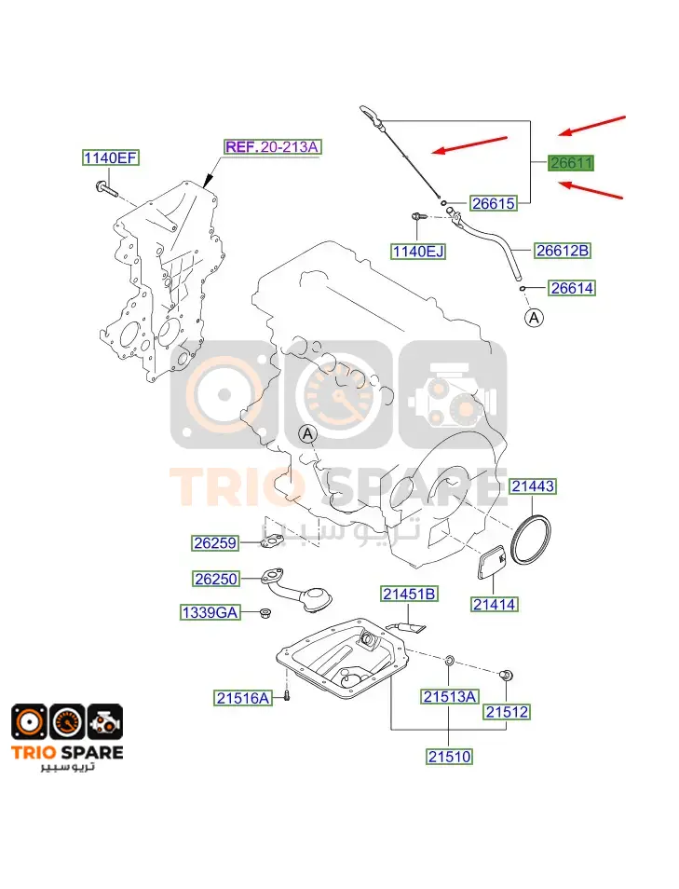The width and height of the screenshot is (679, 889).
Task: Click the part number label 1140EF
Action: pos(111,157)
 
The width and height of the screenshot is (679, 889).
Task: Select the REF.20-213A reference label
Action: pos(272,147)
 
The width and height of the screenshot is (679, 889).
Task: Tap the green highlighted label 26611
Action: pos(571,163)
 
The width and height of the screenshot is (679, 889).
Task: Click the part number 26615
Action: pos(494,203)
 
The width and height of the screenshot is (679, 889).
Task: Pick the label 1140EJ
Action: pos(418,252)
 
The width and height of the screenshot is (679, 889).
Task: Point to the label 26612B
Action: pos(563,250)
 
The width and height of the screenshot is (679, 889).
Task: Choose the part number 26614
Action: pos(572,288)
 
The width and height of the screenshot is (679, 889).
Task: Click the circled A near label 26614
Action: pos(534,318)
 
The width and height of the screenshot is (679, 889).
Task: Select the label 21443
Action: pos(533,486)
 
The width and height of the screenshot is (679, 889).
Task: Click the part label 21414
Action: pos(495,605)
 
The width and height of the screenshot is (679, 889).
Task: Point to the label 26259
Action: pos(215,543)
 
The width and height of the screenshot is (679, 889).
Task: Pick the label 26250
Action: pos(215,579)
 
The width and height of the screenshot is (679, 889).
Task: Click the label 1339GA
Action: pos(210,612)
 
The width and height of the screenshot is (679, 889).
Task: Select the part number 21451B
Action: pos(409,594)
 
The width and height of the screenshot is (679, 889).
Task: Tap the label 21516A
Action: pos(243,698)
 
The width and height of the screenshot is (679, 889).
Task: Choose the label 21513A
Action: pos(450,696)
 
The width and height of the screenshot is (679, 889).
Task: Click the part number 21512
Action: pos(508,712)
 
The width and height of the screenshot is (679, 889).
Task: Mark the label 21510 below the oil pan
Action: pos(450,757)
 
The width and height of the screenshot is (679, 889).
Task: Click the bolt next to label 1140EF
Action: pos(107,188)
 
